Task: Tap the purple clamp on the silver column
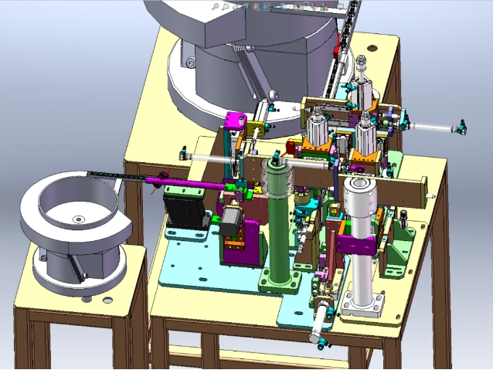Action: point(357,246)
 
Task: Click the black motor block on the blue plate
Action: point(183,207)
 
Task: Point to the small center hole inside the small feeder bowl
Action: point(77,220)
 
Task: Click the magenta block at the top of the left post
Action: point(235,122)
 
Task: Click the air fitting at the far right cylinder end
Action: point(461,126)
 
